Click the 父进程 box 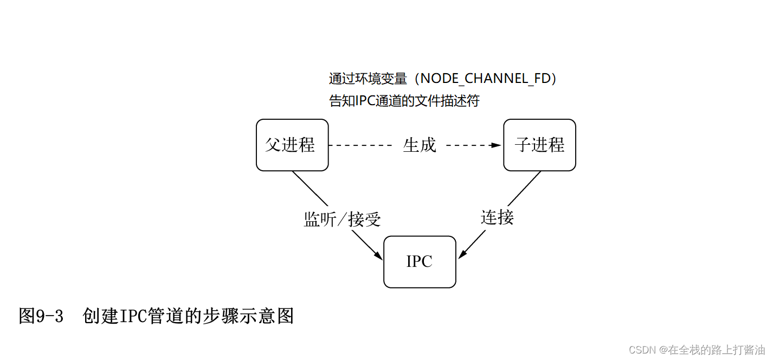[x=292, y=145]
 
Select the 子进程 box [x=539, y=145]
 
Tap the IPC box [x=420, y=262]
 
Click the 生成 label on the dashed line [x=420, y=145]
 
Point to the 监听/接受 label [x=342, y=220]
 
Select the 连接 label [x=497, y=217]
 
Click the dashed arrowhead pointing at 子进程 [x=495, y=145]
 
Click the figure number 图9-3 [x=41, y=316]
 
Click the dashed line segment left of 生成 [x=360, y=145]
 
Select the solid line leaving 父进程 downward [x=310, y=188]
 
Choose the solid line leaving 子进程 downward [x=524, y=188]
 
